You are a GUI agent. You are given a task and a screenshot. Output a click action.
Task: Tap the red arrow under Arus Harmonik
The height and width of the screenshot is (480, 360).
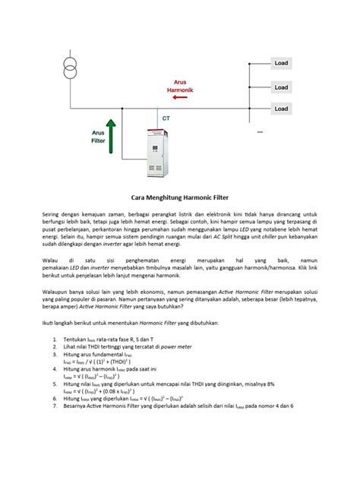click(x=181, y=98)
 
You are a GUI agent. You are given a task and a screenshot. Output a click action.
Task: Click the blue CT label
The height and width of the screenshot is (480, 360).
click(x=166, y=118)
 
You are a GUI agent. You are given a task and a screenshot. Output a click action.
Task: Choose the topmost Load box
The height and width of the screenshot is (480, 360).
click(x=281, y=63)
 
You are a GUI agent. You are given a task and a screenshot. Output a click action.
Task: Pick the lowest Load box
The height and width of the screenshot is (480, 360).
click(x=281, y=109)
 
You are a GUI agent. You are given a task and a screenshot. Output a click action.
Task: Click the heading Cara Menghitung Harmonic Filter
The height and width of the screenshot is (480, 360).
click(x=180, y=195)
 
